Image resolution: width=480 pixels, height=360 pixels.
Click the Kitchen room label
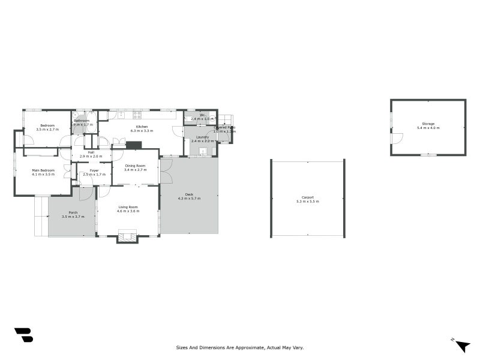pos(142,127)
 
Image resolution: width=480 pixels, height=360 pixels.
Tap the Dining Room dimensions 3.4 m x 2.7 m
pos(135,170)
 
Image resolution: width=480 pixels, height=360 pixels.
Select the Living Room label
pos(128,208)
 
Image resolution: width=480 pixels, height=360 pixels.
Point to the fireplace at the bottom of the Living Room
pos(127,236)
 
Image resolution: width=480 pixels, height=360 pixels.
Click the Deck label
pos(189,194)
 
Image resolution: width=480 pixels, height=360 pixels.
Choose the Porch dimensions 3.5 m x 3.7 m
pos(73,216)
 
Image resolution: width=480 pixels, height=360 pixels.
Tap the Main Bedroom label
pos(43,170)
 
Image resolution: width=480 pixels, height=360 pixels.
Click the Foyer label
pos(94,170)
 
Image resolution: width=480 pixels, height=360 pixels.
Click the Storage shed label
pos(428,124)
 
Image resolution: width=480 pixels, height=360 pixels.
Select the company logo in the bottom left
pos(23,335)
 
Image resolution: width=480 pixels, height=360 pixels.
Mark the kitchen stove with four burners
pos(137,115)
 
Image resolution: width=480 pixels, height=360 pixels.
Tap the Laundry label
pos(203,137)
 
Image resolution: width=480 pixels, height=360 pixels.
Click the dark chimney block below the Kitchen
pos(133,145)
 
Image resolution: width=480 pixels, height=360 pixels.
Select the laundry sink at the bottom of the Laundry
pos(203,152)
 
